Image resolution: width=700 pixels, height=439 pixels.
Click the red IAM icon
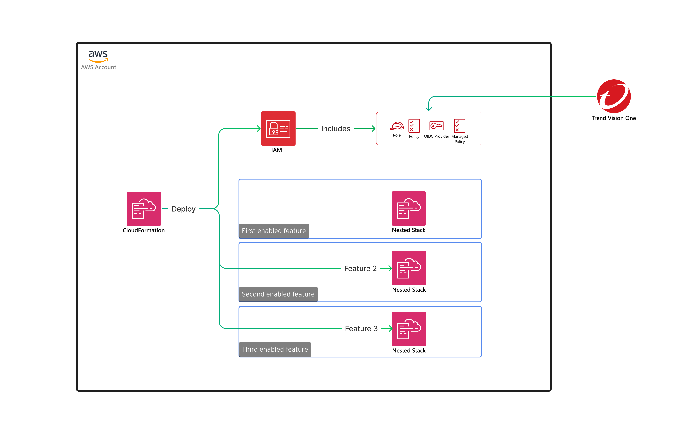278,128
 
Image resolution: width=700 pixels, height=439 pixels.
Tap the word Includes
336,129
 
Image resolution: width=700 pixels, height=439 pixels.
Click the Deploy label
183,209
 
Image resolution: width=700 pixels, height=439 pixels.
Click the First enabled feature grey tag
274,231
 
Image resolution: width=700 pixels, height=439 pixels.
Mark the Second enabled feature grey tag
278,294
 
